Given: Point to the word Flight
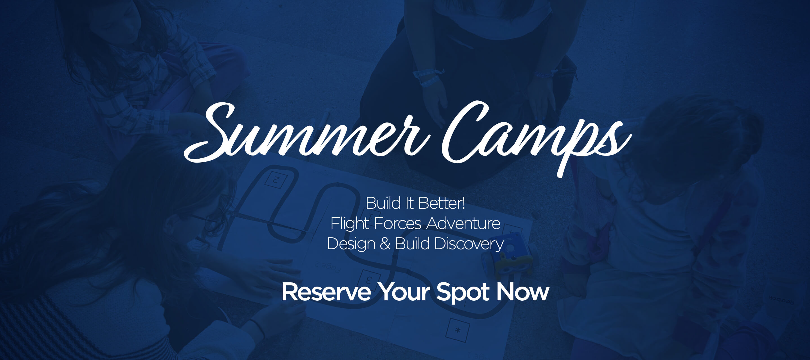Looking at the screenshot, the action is (350, 224).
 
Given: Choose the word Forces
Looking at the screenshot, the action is (397, 224).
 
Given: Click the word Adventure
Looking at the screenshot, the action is (463, 224).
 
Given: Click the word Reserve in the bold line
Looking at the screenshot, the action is (326, 292).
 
